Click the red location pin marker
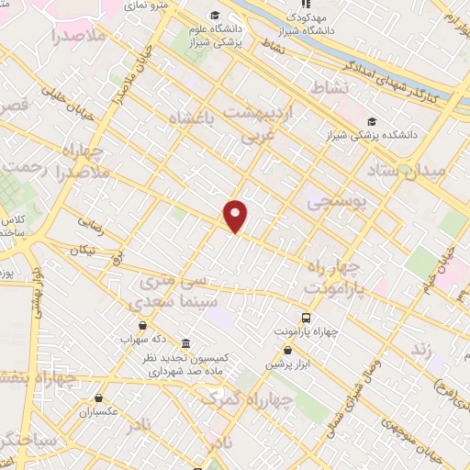pyautogui.click(x=236, y=216)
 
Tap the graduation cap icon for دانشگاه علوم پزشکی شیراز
pyautogui.click(x=214, y=16)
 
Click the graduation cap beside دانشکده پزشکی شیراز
pyautogui.click(x=371, y=121)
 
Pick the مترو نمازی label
pyautogui.click(x=146, y=6)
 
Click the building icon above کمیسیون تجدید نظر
pyautogui.click(x=185, y=344)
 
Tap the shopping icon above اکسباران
pyautogui.click(x=97, y=398)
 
